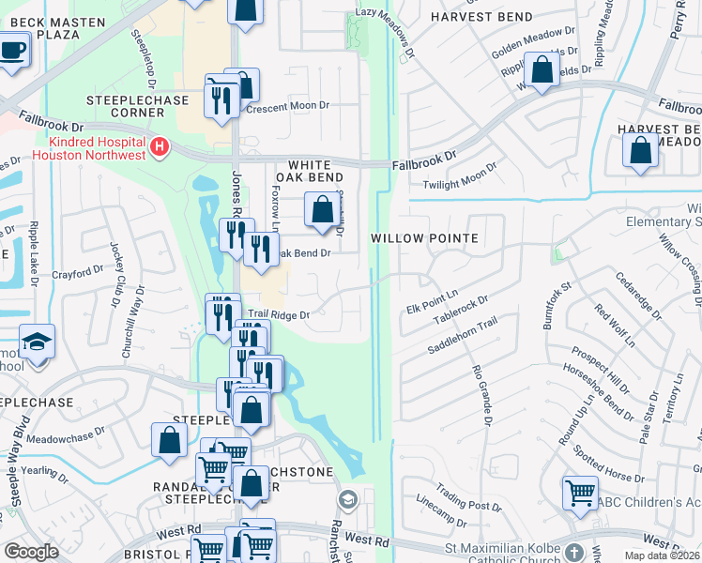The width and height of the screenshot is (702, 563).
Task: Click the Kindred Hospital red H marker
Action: coord(160,147)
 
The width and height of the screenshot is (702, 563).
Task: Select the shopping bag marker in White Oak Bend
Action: coord(322,209)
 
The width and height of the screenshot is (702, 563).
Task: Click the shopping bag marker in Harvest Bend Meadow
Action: coord(640,151)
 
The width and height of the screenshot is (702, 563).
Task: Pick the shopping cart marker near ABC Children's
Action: coord(580,491)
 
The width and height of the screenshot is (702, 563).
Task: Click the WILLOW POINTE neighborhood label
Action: coord(424,238)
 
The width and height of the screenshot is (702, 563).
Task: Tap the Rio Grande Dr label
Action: coord(484,393)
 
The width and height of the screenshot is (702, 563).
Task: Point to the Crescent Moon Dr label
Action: coord(290,108)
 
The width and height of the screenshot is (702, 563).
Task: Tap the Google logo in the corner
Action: coord(31,552)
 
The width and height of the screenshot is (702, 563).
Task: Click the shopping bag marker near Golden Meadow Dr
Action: coord(542,70)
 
